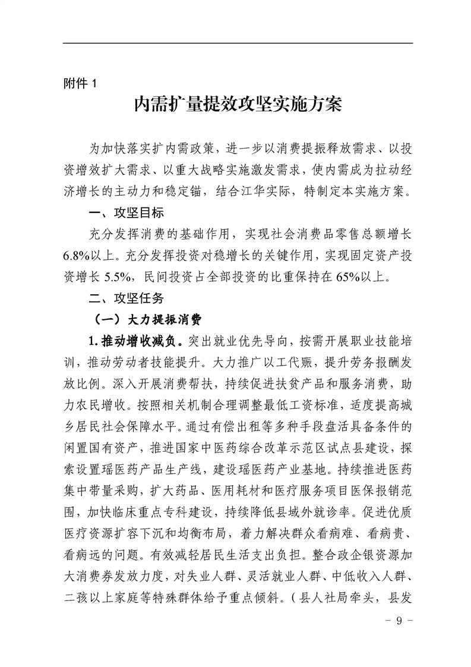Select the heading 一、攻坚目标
(125, 212)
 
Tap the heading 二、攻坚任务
(125, 295)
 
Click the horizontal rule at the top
(238, 43)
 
